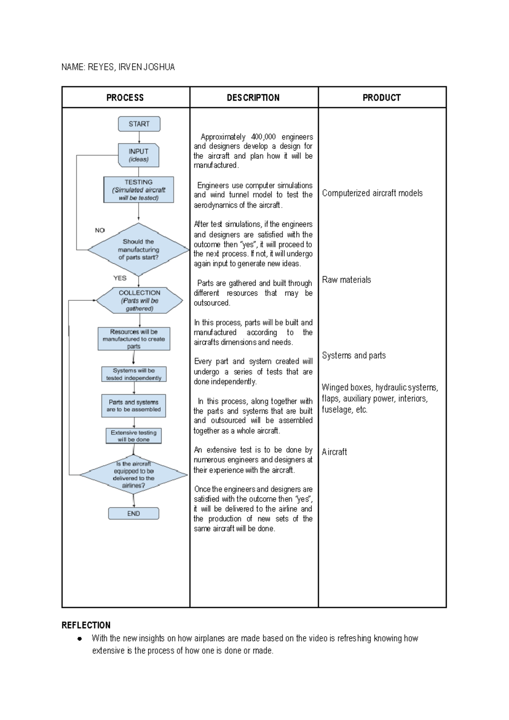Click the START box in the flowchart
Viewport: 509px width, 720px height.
[139, 124]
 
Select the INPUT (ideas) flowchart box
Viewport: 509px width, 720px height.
[139, 155]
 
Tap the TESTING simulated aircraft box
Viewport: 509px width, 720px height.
[139, 190]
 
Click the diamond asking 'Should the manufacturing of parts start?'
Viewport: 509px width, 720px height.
[138, 249]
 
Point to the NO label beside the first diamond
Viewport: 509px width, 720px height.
[100, 230]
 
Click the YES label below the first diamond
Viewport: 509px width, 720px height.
[120, 278]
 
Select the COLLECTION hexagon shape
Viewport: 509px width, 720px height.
[139, 300]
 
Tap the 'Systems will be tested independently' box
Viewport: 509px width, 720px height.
[134, 374]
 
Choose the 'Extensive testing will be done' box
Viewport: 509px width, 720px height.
[134, 436]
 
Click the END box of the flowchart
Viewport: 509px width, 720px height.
[134, 513]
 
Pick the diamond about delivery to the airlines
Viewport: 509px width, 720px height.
[134, 475]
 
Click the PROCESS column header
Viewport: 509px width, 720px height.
[125, 98]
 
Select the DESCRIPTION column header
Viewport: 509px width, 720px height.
[253, 98]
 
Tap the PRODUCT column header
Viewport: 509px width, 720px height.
[381, 98]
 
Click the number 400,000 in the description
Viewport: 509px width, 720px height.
[263, 137]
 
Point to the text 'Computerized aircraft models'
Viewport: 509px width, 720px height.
[372, 193]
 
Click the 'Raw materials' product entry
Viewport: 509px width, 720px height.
[346, 280]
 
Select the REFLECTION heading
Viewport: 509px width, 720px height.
[86, 625]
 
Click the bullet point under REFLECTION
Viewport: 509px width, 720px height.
[79, 639]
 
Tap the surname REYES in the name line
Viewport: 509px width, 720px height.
[101, 67]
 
